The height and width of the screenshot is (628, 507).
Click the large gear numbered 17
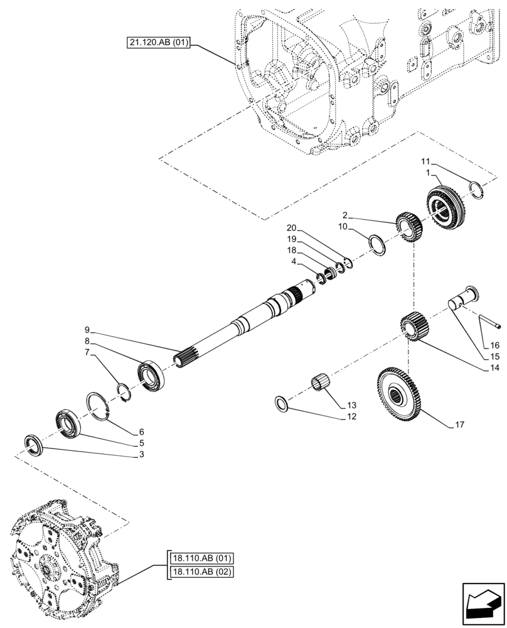tap(400, 394)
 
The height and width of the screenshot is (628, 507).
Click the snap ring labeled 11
tap(478, 188)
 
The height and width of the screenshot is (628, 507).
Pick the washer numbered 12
tap(282, 403)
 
